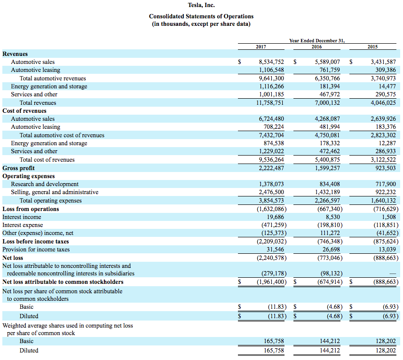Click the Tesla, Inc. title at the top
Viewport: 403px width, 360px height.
(x=201, y=6)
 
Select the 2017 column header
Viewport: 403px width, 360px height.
(x=261, y=47)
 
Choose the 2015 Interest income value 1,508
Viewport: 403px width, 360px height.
(x=388, y=217)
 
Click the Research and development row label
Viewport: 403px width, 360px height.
(x=45, y=184)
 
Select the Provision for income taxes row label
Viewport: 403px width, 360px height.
(x=36, y=250)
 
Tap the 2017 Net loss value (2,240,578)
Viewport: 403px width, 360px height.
(x=271, y=258)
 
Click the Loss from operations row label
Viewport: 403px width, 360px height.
(x=31, y=209)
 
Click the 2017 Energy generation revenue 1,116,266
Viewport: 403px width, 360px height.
(x=271, y=86)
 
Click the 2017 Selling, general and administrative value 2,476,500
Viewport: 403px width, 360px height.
(x=271, y=192)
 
